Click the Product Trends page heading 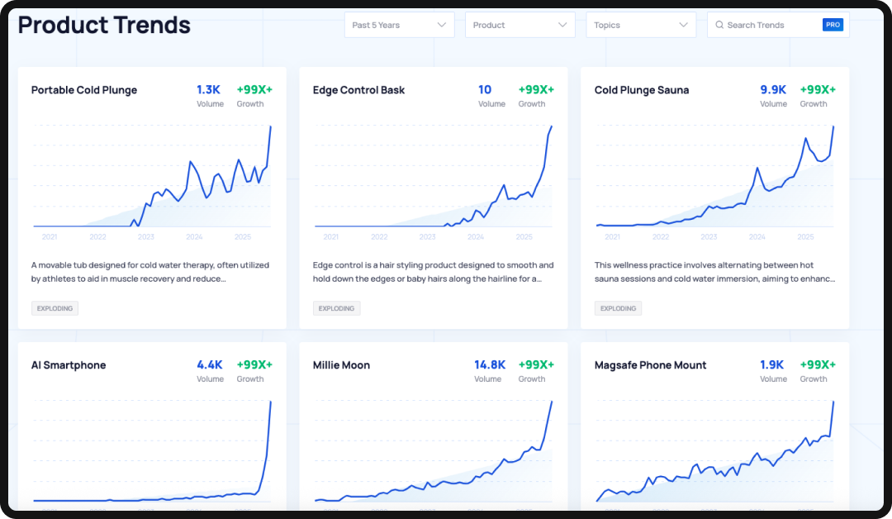[x=104, y=25]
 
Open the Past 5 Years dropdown [x=399, y=25]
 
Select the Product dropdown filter [x=520, y=25]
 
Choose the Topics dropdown [x=640, y=25]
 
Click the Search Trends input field [x=768, y=25]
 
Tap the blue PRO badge [x=833, y=25]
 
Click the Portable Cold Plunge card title [x=84, y=90]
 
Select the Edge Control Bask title [x=358, y=90]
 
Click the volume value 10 [x=485, y=89]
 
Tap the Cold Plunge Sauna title [x=642, y=90]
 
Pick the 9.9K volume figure [x=773, y=89]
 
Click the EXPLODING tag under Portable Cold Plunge [x=55, y=308]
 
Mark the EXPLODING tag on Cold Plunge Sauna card [x=618, y=308]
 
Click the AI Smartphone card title [x=69, y=365]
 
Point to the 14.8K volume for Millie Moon [x=489, y=364]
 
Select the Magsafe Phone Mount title [x=651, y=365]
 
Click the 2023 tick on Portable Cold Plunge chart [x=146, y=237]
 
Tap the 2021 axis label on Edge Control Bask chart [x=330, y=237]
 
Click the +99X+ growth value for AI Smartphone [x=254, y=364]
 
